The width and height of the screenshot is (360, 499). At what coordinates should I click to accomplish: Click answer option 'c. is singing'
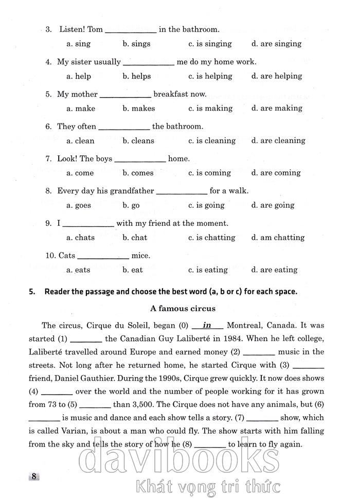[x=210, y=44]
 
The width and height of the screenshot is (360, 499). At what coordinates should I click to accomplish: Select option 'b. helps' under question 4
[x=136, y=76]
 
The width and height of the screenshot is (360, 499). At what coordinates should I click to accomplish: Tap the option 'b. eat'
[x=133, y=270]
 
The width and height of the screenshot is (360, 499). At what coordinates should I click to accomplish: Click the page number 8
[x=34, y=476]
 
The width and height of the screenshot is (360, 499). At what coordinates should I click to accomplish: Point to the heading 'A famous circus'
[x=175, y=309]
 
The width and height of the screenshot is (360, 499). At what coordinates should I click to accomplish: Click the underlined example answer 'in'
[x=207, y=325]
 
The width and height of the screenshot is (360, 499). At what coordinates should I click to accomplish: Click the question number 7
[x=48, y=159]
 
